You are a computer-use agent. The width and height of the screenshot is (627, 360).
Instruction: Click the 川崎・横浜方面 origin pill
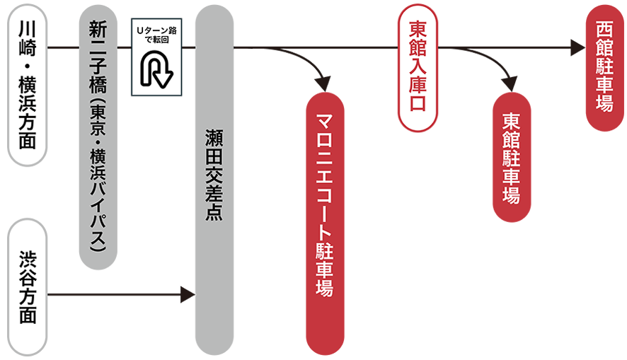(28, 85)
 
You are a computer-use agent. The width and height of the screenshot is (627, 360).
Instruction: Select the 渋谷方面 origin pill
(28, 287)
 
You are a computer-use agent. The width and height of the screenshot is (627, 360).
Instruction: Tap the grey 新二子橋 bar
(98, 137)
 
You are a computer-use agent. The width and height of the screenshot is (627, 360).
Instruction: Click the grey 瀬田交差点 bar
(214, 180)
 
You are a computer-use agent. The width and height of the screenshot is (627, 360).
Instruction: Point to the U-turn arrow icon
(156, 69)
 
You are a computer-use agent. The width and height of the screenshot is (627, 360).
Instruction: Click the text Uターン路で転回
(157, 35)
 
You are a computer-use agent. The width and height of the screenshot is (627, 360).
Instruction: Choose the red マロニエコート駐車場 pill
(325, 223)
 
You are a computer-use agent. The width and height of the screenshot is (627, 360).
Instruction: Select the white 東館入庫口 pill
(418, 68)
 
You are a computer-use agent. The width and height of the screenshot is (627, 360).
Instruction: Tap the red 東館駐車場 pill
(512, 157)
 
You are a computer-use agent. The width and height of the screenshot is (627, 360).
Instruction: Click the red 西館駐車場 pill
(605, 68)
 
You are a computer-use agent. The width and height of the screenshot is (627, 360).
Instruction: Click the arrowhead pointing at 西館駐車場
(577, 47)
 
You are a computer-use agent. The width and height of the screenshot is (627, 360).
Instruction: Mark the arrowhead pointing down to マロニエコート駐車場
(323, 84)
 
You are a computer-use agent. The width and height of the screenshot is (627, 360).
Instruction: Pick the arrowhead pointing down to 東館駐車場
(510, 84)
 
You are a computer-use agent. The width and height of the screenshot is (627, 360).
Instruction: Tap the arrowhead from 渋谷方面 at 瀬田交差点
(188, 295)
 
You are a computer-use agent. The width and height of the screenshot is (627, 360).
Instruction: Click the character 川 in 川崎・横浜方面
(28, 29)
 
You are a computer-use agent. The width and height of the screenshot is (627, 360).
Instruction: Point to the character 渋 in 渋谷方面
(28, 260)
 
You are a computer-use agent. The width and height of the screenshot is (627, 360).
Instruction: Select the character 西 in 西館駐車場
(604, 30)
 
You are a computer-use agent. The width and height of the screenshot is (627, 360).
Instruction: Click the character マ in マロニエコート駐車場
(325, 122)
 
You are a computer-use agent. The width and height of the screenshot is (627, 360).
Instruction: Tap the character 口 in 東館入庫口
(418, 103)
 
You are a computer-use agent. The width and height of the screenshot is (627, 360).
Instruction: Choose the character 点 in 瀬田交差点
(214, 212)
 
